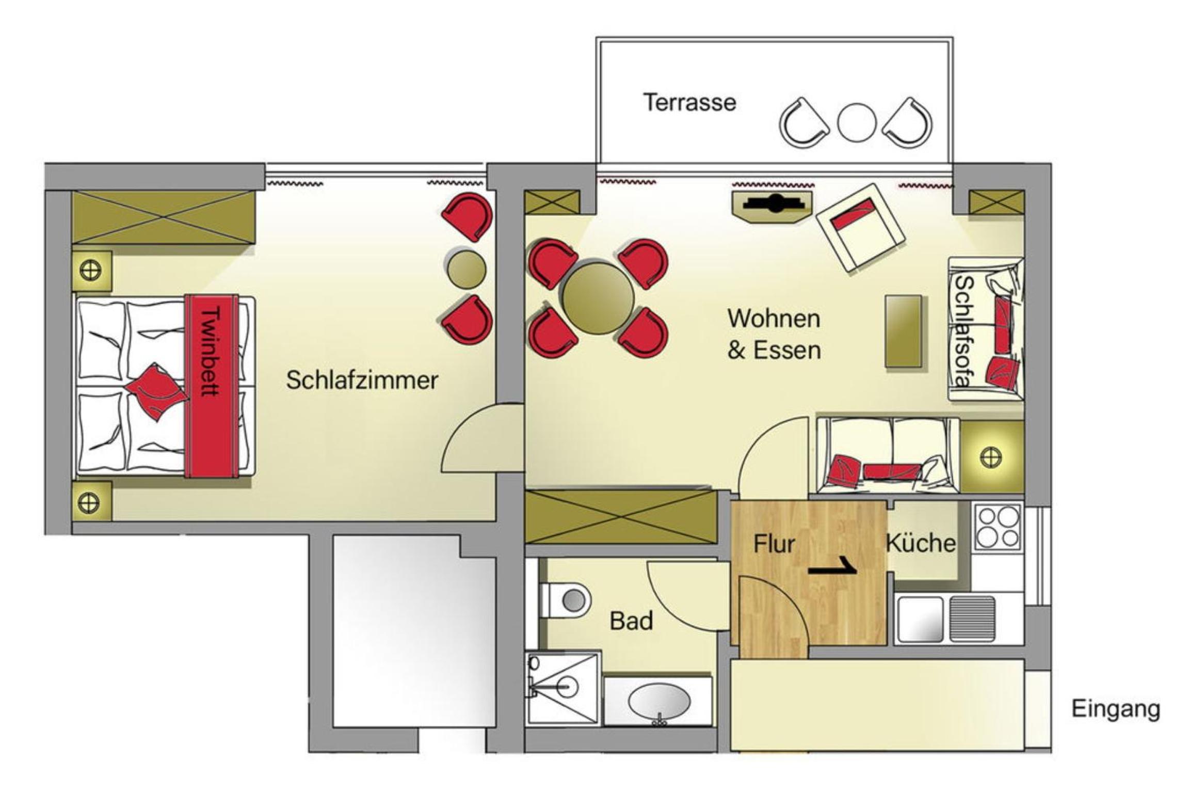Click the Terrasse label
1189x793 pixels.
(689, 102)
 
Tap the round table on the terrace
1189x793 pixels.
(856, 123)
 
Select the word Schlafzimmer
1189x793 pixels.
(362, 380)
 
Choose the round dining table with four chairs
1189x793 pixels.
(598, 298)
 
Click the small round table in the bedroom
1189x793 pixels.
(466, 269)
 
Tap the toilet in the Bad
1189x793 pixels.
(565, 600)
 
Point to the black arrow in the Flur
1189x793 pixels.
(832, 566)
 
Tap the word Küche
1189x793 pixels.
(921, 543)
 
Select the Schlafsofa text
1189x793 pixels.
(963, 331)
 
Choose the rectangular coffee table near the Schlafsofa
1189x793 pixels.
(903, 331)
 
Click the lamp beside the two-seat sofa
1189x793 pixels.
(991, 457)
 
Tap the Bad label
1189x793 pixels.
(631, 621)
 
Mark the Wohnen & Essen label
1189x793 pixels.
(774, 335)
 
